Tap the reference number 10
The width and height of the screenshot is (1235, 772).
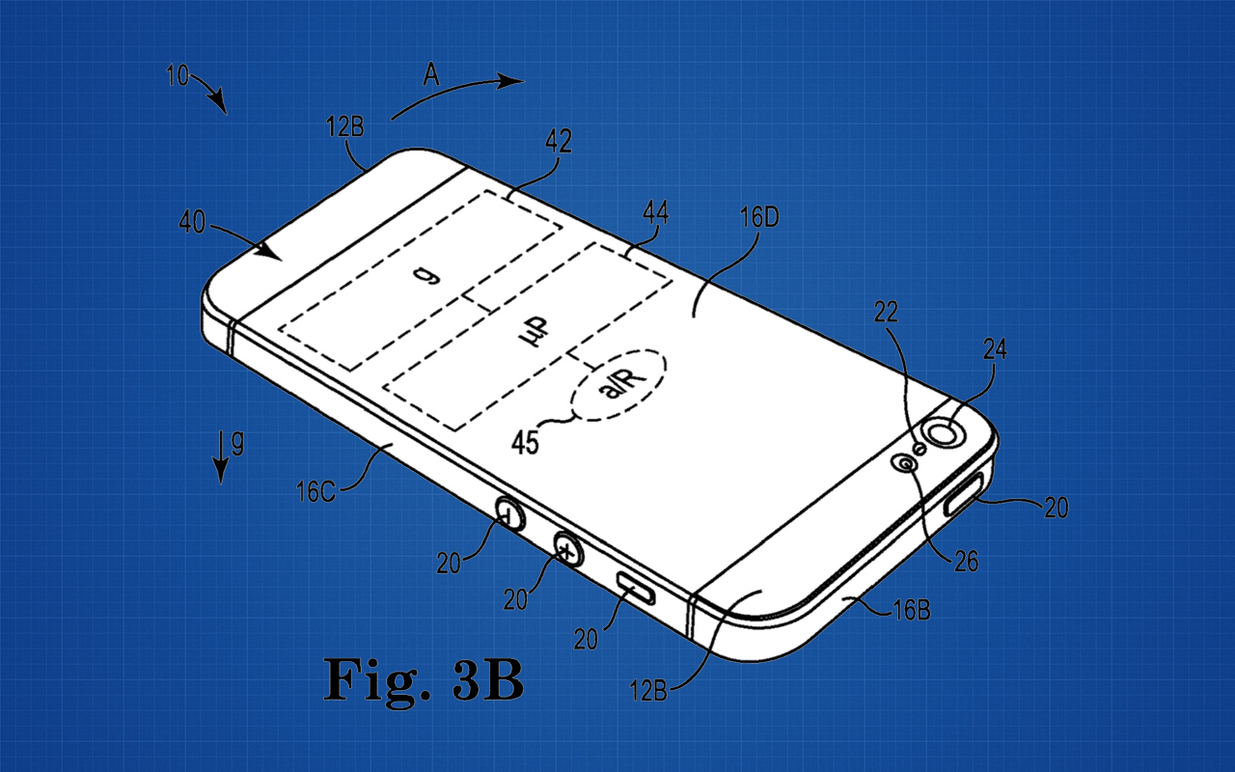(x=178, y=76)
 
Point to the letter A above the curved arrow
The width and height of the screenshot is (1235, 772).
(x=431, y=74)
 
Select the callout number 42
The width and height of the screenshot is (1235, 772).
(x=559, y=141)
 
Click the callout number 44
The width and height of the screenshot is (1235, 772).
(x=655, y=213)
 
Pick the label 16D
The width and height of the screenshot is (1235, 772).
(x=759, y=217)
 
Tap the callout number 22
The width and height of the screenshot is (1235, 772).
(x=886, y=312)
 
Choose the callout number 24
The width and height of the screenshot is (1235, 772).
(x=995, y=349)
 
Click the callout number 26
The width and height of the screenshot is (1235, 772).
(x=966, y=562)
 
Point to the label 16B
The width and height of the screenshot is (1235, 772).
(x=912, y=611)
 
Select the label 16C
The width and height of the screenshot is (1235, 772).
(x=316, y=492)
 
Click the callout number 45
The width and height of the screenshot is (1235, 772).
(x=525, y=443)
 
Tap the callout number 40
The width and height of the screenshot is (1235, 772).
(x=192, y=222)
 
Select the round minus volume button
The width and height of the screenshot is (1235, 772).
(x=509, y=512)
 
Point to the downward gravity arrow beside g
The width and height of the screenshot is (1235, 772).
(x=221, y=457)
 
